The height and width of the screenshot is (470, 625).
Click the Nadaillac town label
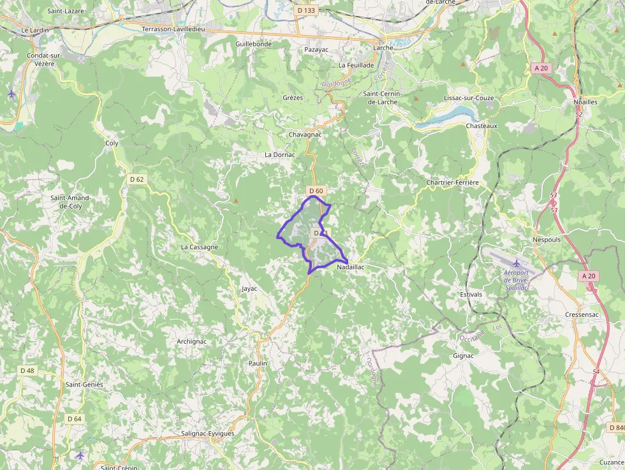(x=351, y=267)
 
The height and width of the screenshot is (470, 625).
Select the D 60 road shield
(x=316, y=191)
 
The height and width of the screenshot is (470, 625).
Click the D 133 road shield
(x=306, y=10)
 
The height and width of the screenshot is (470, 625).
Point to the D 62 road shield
(x=136, y=179)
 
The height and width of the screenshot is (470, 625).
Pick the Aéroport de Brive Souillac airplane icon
(x=516, y=264)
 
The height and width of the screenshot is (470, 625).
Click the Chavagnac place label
(x=305, y=135)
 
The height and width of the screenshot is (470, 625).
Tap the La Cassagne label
(x=200, y=247)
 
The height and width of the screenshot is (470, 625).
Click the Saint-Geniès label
(x=84, y=385)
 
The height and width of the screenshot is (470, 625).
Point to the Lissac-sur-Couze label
(x=468, y=98)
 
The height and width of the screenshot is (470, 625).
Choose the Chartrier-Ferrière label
(x=452, y=182)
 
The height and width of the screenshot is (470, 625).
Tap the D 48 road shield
(x=27, y=371)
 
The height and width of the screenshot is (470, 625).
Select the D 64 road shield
(x=75, y=418)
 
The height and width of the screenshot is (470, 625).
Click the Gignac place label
(x=463, y=355)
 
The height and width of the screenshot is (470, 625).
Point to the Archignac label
(x=191, y=341)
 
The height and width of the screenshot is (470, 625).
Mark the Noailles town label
(x=585, y=102)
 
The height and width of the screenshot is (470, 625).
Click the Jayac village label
(x=249, y=288)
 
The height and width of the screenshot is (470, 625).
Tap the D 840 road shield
(x=616, y=427)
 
